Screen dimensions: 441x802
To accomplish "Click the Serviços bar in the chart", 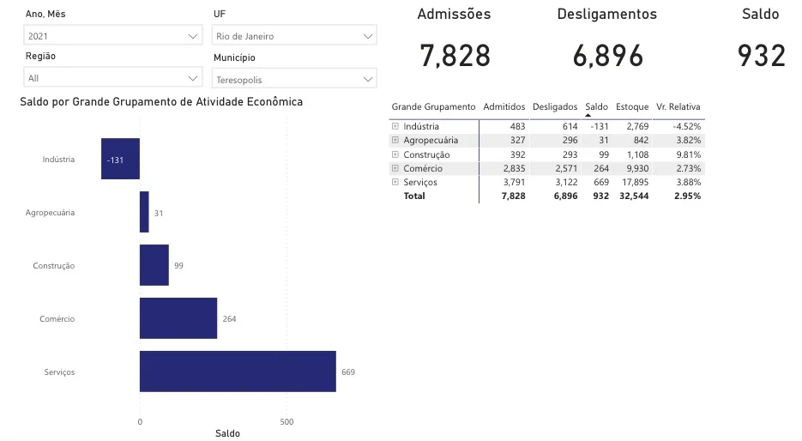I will tap(238, 372).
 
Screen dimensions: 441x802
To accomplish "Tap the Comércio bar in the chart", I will tap(178, 318).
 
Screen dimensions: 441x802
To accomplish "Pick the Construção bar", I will tap(154, 265).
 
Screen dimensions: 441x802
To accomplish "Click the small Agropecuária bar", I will tap(144, 212).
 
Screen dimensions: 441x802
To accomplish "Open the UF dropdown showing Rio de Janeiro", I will tap(294, 36).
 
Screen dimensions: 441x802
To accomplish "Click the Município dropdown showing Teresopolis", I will tap(294, 80).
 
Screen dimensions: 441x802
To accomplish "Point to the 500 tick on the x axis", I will tap(286, 422).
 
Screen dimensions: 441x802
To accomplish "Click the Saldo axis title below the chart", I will tap(227, 434).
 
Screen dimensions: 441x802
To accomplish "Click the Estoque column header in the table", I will tap(632, 107).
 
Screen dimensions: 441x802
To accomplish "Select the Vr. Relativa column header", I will tap(678, 107).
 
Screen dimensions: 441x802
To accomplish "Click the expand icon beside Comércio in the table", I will tap(395, 168).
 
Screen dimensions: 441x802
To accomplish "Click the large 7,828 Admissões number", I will tap(455, 56).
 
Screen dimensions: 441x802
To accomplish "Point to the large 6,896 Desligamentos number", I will tap(607, 56).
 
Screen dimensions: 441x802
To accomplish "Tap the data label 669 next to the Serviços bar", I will tap(347, 372).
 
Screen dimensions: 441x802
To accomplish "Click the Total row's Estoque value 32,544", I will tap(633, 196).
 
